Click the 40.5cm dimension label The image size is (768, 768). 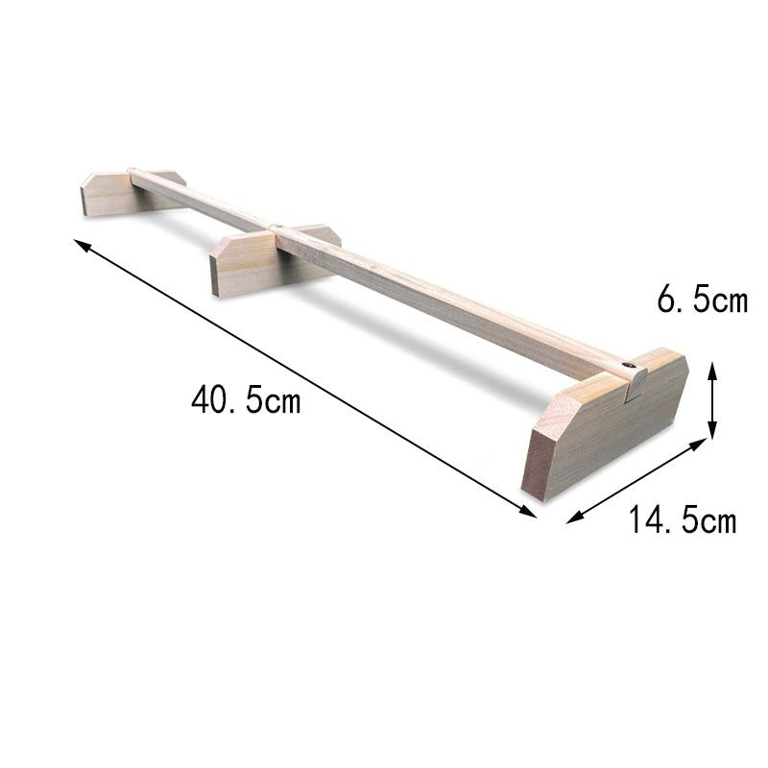(246, 398)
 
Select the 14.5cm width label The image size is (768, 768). (683, 518)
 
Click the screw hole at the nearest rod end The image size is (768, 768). (627, 365)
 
